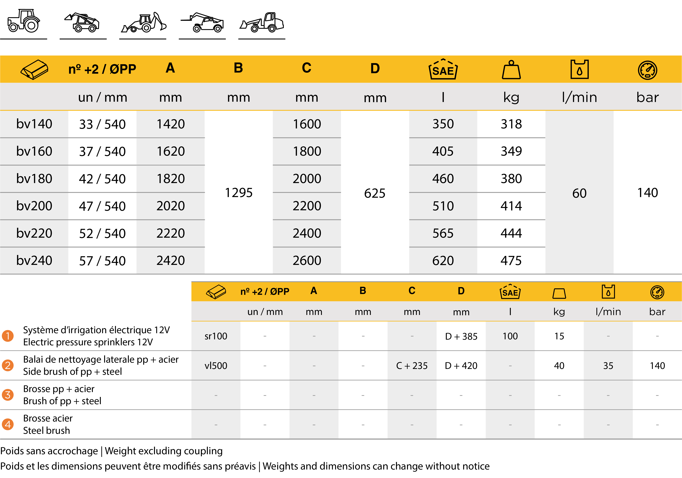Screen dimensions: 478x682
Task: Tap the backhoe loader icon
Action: (143, 23)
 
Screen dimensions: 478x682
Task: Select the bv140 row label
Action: (34, 124)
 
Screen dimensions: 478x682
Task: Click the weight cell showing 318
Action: (511, 124)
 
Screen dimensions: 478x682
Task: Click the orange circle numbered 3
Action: (8, 395)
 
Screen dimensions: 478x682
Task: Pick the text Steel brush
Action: (47, 430)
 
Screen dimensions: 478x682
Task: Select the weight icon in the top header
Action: (511, 70)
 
